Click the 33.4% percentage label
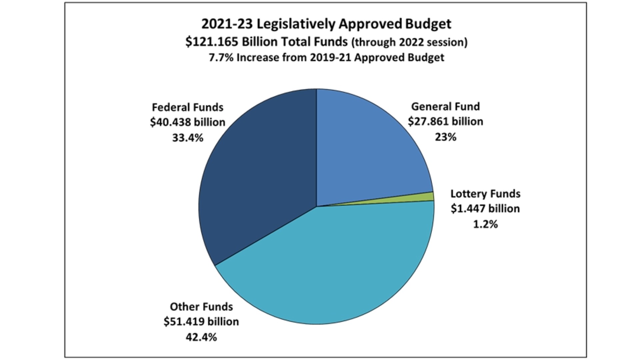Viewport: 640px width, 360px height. click(188, 138)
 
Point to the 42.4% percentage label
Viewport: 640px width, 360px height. click(201, 337)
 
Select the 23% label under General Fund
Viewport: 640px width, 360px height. click(445, 137)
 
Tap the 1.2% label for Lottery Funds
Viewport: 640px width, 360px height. click(485, 224)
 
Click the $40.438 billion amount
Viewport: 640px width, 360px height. click(188, 122)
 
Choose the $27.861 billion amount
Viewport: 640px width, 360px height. click(445, 121)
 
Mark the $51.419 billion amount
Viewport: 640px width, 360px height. click(201, 322)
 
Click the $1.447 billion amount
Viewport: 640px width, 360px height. click(485, 209)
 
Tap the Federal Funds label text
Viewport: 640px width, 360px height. click(188, 107)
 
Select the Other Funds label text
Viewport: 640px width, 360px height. click(201, 307)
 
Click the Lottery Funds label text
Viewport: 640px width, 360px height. click(485, 194)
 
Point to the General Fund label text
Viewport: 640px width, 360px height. click(445, 106)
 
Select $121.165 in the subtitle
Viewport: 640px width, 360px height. click(212, 42)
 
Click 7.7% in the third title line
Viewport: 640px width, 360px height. click(221, 58)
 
